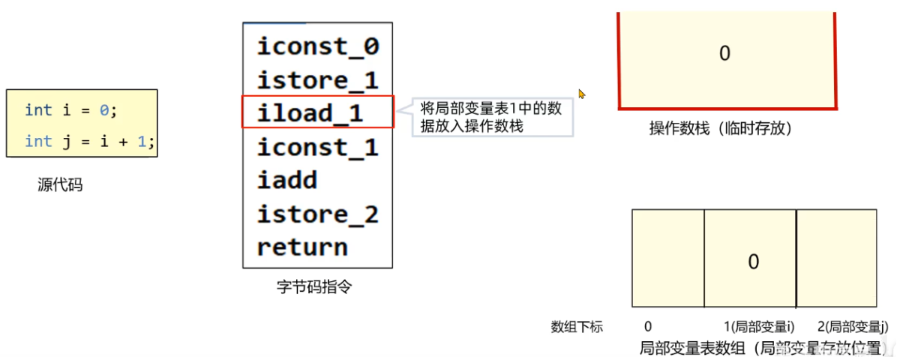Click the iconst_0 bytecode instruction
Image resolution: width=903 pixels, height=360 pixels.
(318, 46)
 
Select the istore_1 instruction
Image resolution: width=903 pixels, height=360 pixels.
(318, 80)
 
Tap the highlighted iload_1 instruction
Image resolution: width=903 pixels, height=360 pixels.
(310, 113)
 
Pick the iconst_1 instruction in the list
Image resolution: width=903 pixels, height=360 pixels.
(318, 147)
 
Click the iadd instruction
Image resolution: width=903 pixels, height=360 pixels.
(287, 181)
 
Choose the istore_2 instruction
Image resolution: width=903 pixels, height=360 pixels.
(318, 214)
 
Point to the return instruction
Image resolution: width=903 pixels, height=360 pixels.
(302, 247)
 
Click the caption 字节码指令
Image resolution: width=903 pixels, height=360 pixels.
(313, 286)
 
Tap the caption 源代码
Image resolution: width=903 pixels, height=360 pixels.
(60, 184)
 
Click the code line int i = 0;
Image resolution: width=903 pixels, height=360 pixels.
(71, 110)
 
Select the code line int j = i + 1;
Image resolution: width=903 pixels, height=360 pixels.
(90, 142)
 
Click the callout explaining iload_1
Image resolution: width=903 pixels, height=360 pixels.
(491, 118)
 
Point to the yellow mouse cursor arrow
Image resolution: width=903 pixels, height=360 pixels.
(581, 94)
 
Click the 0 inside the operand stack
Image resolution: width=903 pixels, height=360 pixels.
(724, 54)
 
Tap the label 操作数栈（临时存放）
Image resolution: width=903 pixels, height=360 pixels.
(721, 129)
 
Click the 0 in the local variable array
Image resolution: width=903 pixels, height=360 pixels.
(754, 262)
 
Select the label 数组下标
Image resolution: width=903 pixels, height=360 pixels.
(577, 327)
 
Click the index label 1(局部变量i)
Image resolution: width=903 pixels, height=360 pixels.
(759, 327)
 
